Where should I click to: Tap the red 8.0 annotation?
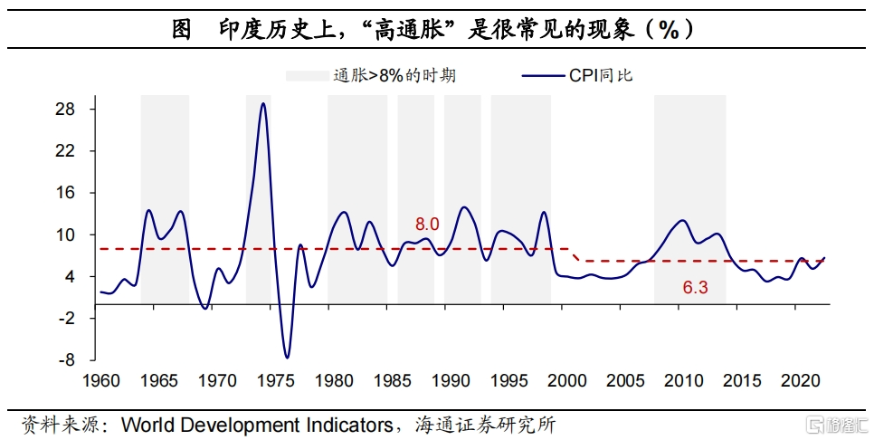[426, 224]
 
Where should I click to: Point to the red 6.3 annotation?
[695, 288]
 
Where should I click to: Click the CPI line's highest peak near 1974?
[262, 103]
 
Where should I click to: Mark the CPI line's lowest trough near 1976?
[287, 358]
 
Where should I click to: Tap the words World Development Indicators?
[257, 424]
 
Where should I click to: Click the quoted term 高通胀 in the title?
[416, 30]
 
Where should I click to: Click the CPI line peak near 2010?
[682, 220]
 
